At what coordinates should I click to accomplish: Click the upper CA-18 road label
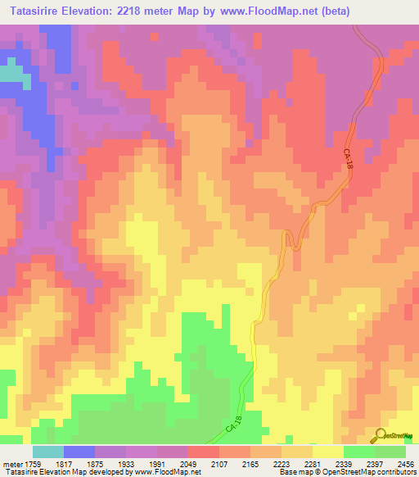[x=347, y=157]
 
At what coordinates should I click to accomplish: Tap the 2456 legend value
[x=404, y=464]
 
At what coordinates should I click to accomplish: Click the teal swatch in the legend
[x=48, y=452]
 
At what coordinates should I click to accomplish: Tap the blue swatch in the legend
[x=79, y=452]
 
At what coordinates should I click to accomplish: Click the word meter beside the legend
[x=11, y=464]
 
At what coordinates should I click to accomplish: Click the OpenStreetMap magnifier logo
[x=381, y=436]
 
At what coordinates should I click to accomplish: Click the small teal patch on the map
[x=10, y=72]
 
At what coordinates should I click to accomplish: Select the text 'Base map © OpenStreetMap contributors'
[x=347, y=473]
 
